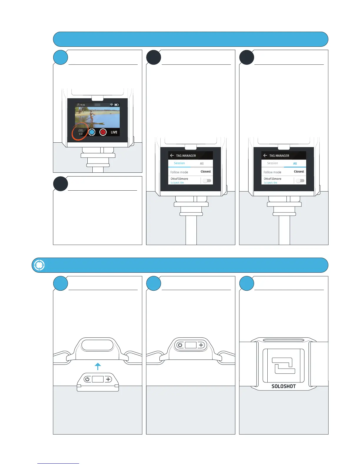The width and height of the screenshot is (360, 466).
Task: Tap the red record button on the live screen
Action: coord(103,132)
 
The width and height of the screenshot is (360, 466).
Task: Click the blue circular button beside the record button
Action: coord(92,132)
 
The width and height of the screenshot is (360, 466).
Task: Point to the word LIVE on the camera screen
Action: coord(114,132)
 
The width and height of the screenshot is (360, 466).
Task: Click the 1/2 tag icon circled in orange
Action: coord(81,132)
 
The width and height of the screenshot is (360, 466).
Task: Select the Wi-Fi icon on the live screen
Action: coord(111,105)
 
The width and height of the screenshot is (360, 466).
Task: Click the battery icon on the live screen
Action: coord(116,105)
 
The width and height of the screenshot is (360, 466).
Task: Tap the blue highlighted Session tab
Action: coord(179,163)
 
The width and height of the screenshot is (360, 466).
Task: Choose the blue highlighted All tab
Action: coord(295,164)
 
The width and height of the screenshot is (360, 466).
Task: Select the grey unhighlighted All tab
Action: coord(202,164)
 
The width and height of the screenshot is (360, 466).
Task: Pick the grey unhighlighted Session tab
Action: coord(272,163)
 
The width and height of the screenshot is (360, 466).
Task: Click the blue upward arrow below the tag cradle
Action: coord(98,366)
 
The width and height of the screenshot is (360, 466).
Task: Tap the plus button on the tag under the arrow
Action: coord(108,379)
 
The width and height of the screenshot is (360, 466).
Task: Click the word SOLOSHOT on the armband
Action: coord(284,386)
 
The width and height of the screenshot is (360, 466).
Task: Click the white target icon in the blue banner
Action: coord(39,265)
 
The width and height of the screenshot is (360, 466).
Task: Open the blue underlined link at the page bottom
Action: coord(58,463)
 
